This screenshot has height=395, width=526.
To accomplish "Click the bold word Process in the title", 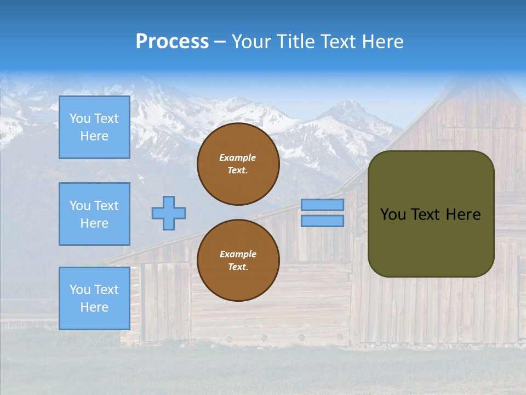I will [172, 42].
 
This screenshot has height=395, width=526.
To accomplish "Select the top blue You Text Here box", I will [94, 127].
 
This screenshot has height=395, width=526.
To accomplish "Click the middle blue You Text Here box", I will [94, 214].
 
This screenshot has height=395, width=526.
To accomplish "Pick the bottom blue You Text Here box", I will [94, 298].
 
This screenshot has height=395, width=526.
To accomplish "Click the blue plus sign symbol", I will [169, 213].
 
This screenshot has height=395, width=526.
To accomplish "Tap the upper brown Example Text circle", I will [238, 164].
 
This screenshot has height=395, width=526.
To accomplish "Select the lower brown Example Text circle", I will [238, 261].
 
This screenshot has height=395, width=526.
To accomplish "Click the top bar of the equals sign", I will [322, 205].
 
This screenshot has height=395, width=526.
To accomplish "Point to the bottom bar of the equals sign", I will [322, 221].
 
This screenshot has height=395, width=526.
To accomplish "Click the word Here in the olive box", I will [463, 215].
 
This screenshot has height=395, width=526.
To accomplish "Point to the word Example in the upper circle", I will [237, 157].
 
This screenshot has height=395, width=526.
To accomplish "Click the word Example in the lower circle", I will [237, 254].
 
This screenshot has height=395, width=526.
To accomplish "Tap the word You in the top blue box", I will [79, 119].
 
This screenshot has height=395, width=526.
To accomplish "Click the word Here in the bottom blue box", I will [94, 307].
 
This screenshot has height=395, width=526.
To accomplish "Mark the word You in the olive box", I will [393, 215].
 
